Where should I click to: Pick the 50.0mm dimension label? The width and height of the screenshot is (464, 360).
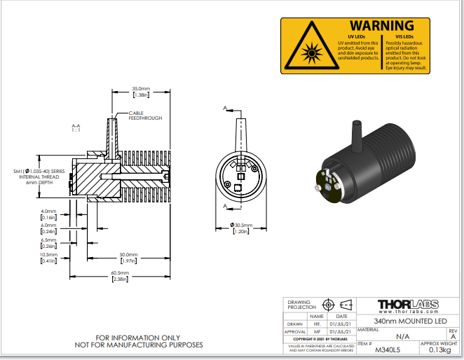coord(128,254)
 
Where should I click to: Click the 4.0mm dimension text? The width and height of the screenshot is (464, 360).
coord(48,211)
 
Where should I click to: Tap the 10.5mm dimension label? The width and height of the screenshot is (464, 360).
coord(48,254)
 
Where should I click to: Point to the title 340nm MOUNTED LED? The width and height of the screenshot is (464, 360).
coord(409,320)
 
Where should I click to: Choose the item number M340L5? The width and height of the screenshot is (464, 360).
coord(372,349)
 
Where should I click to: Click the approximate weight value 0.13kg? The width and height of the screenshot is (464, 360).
coord(439,349)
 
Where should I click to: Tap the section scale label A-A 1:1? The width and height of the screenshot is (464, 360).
coord(76,128)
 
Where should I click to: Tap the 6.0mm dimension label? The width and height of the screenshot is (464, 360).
coord(48,226)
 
